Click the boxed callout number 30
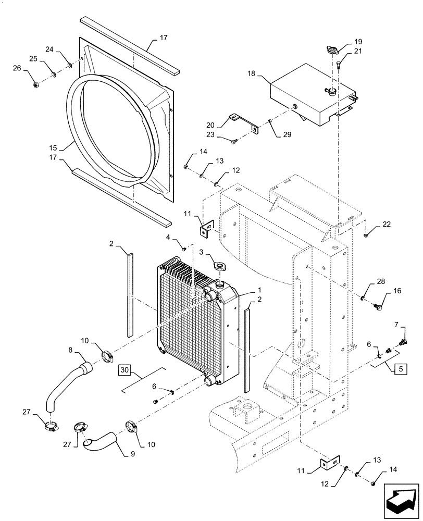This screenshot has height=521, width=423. pos(124,369)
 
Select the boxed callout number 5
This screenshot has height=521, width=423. pos(401,369)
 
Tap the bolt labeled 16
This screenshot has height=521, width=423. pos(379,308)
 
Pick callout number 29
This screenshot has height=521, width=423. pos(287,135)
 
